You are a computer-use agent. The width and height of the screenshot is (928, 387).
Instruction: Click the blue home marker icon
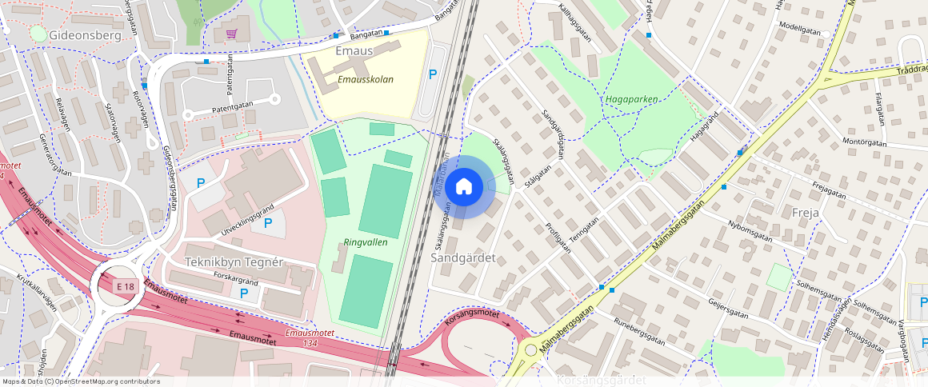pyautogui.click(x=464, y=187)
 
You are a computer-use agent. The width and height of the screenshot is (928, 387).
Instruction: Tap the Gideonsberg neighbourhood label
pyautogui.click(x=85, y=36)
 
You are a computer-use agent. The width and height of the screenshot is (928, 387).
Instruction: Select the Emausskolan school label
pyautogui.click(x=365, y=80)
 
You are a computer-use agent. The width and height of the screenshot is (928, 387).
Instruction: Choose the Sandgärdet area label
pyautogui.click(x=463, y=258)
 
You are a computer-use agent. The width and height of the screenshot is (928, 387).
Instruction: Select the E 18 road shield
pyautogui.click(x=125, y=286)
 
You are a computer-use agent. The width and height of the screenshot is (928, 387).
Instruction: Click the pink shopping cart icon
pyautogui.click(x=231, y=34)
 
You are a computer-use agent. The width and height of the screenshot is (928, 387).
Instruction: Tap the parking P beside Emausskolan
pyautogui.click(x=433, y=74)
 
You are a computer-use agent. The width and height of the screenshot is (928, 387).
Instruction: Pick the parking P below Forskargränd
pyautogui.click(x=245, y=293)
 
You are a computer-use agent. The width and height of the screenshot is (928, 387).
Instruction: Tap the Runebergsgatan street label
pyautogui.click(x=639, y=330)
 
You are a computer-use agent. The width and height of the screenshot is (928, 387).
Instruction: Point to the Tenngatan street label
pyautogui.click(x=583, y=233)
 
